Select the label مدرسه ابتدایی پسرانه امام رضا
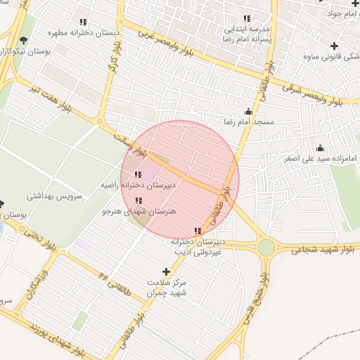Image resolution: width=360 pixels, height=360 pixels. click(247, 35)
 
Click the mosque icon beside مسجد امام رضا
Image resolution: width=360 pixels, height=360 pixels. click(248, 111)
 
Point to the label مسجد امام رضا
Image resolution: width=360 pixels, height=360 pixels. click(238, 122)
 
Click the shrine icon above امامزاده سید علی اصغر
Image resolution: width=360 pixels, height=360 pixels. click(321, 148)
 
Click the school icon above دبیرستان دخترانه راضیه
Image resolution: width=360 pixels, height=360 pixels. click(137, 174)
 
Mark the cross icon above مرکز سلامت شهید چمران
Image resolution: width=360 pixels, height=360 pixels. click(167, 271)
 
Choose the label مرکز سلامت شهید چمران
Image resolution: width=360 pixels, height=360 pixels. click(167, 288)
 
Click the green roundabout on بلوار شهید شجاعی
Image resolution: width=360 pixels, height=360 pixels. click(266, 247)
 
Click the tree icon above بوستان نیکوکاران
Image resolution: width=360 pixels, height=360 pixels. click(25, 40)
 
